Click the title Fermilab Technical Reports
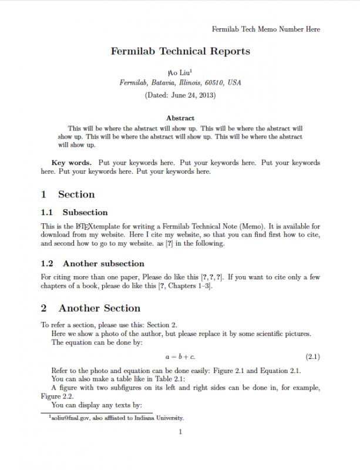tap(180, 51)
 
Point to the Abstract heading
tap(180, 118)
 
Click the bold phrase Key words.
tap(71, 163)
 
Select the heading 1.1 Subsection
tap(75, 213)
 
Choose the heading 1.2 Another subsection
tap(93, 264)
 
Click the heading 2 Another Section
tap(91, 308)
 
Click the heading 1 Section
tap(68, 194)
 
